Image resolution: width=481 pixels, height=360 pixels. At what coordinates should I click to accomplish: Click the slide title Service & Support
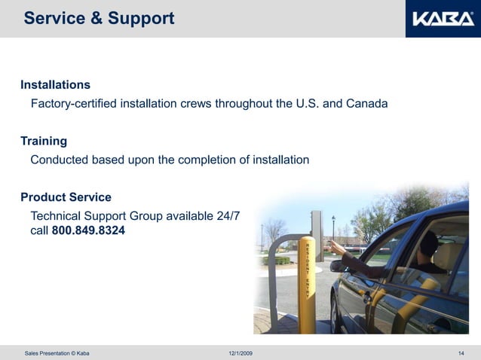(x=99, y=18)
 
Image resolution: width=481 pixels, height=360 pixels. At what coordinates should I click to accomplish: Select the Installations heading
(x=55, y=84)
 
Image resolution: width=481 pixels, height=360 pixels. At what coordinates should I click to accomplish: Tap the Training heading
(x=44, y=141)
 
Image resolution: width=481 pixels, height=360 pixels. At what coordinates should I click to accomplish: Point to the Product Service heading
(x=66, y=197)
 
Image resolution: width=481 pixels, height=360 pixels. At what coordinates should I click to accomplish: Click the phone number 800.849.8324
(x=88, y=230)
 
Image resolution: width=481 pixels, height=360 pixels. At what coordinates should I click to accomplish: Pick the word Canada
(x=367, y=103)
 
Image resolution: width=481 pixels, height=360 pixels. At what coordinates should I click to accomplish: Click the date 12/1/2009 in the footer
(x=240, y=353)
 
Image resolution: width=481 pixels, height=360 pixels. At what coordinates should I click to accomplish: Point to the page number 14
(x=461, y=353)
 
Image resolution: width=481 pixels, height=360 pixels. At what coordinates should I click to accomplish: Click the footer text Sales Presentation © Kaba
(x=57, y=353)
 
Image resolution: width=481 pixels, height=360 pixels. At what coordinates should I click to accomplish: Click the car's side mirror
(x=338, y=266)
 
